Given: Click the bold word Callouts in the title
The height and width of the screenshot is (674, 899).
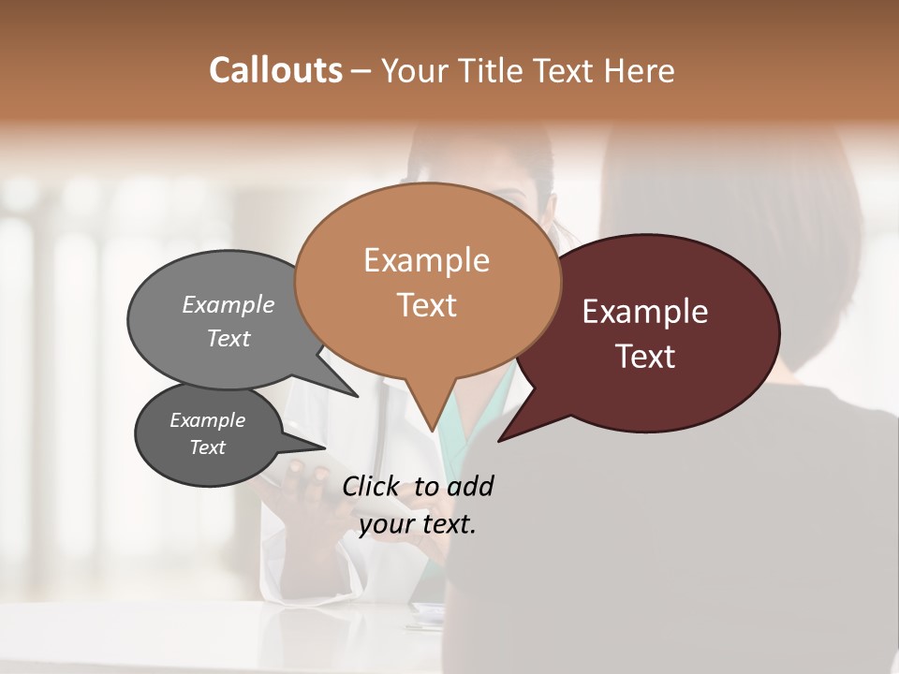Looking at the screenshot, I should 275,70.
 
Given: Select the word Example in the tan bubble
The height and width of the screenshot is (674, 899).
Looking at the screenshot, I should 426,260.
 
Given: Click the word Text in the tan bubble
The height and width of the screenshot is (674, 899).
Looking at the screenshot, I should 427,305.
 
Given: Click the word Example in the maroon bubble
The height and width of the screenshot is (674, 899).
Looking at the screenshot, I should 645,312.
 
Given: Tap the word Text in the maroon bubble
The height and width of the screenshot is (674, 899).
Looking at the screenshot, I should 646,357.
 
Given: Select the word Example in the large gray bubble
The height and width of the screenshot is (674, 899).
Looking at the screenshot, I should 228,304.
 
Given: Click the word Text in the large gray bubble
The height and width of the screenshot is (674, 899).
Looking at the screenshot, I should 228,338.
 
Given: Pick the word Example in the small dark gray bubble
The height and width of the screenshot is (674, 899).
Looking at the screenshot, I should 207,420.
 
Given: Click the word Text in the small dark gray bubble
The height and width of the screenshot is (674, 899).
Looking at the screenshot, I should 207,447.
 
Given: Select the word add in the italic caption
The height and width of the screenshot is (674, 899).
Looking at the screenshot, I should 470,486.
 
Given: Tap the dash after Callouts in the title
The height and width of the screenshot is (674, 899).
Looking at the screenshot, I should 361,71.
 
